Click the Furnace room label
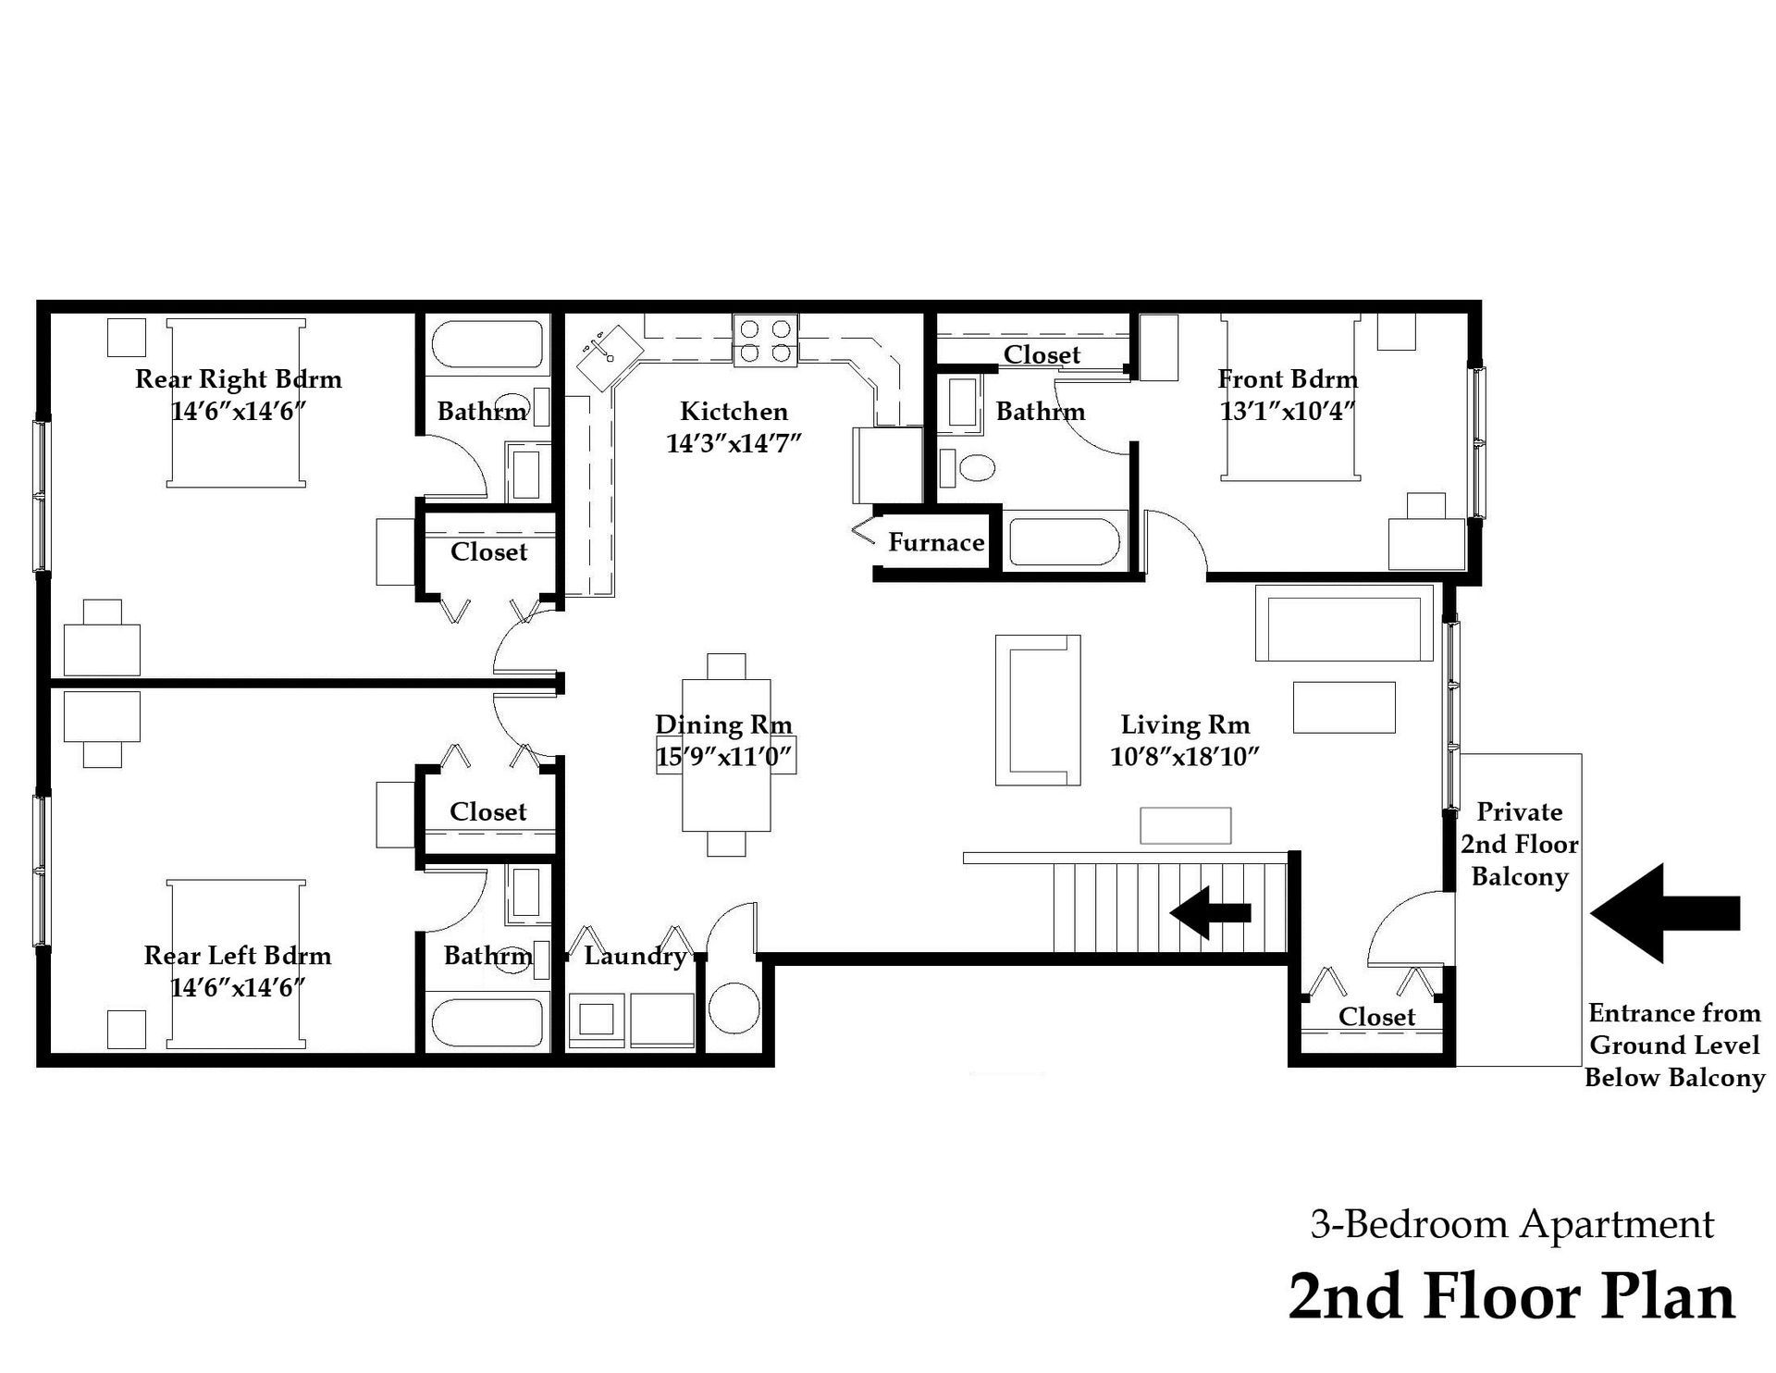935,542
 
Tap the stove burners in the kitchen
765,340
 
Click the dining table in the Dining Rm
726,755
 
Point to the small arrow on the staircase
1210,912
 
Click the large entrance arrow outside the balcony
1664,913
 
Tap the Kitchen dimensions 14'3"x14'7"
733,443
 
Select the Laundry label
635,955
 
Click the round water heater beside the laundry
733,1008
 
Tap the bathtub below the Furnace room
1064,542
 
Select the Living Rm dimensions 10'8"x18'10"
1184,757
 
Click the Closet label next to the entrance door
1376,1017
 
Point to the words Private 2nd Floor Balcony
1519,844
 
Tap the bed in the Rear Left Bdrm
237,964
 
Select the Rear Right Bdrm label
238,379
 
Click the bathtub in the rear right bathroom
487,346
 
